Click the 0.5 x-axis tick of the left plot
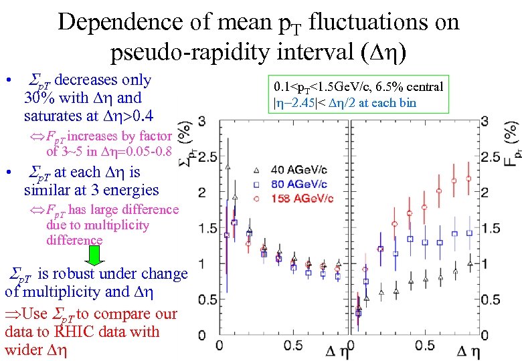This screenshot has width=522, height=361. tap(292, 346)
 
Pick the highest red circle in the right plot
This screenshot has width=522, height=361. tap(468, 178)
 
